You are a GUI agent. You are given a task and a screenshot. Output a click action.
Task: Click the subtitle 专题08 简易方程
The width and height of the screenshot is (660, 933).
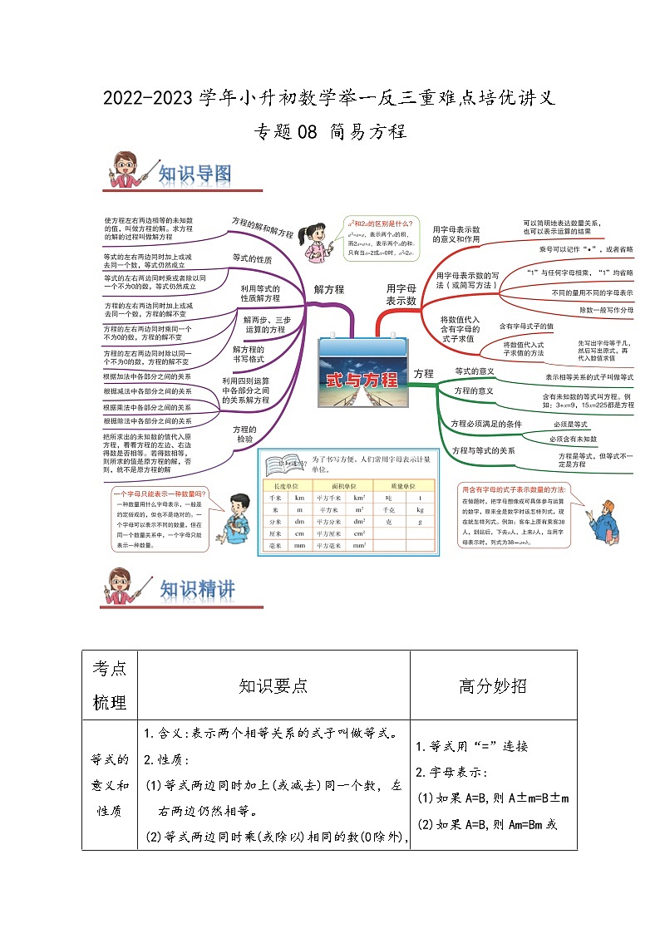point(329,131)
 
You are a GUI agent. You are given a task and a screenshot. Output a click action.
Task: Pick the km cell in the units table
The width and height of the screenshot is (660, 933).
point(299,496)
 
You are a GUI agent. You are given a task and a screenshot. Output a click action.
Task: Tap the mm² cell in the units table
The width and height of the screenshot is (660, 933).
point(359,546)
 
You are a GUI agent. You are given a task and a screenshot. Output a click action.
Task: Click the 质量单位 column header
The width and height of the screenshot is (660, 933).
point(402,484)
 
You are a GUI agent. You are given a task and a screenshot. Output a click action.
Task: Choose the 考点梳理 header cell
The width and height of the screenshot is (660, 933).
point(110,685)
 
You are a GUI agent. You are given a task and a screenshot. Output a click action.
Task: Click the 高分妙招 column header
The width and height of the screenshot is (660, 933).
point(493,685)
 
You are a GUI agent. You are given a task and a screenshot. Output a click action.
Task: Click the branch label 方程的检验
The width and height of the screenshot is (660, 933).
point(245,434)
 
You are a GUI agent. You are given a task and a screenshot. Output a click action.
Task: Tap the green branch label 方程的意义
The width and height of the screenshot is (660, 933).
point(474,390)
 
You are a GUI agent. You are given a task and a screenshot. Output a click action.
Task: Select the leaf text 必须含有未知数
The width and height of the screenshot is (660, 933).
point(573,438)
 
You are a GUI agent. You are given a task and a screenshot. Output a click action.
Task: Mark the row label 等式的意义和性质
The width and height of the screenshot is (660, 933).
point(110,785)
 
